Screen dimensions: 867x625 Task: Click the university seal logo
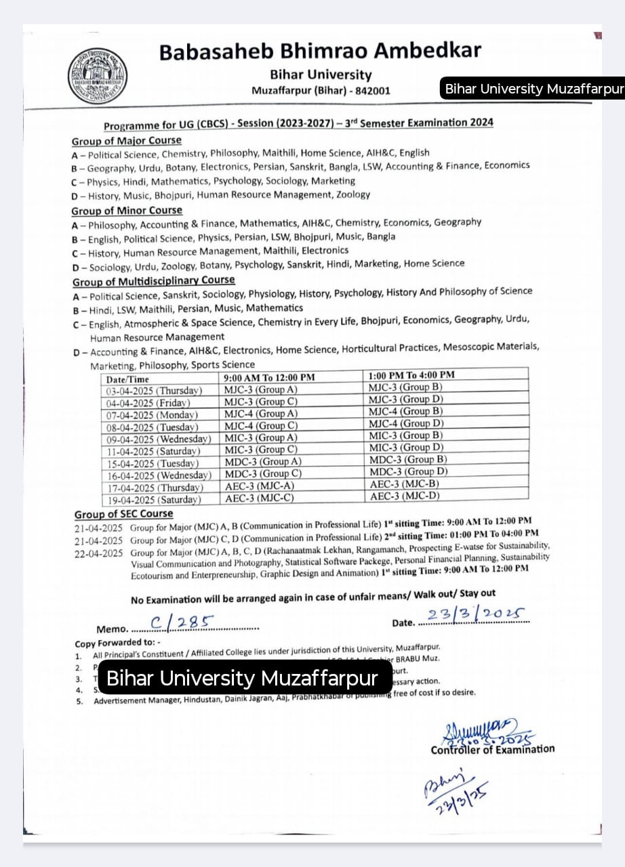[97, 76]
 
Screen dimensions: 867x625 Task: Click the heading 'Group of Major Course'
[127, 141]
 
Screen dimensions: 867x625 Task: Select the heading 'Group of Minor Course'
[127, 211]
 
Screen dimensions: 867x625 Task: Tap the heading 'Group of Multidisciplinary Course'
[154, 280]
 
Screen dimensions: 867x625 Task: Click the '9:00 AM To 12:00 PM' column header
[269, 377]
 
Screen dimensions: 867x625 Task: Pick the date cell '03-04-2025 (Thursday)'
[154, 391]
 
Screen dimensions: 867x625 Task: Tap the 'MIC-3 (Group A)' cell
[261, 438]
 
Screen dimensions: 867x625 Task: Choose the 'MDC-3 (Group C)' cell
[263, 473]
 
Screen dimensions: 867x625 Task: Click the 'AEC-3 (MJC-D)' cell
[405, 496]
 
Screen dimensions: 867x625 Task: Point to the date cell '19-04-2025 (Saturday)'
[153, 500]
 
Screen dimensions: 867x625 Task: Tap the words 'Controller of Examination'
[492, 749]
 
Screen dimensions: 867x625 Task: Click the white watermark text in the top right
[533, 89]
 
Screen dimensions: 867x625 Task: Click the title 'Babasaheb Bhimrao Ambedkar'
[320, 51]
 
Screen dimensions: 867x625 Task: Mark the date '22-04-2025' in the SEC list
[98, 553]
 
